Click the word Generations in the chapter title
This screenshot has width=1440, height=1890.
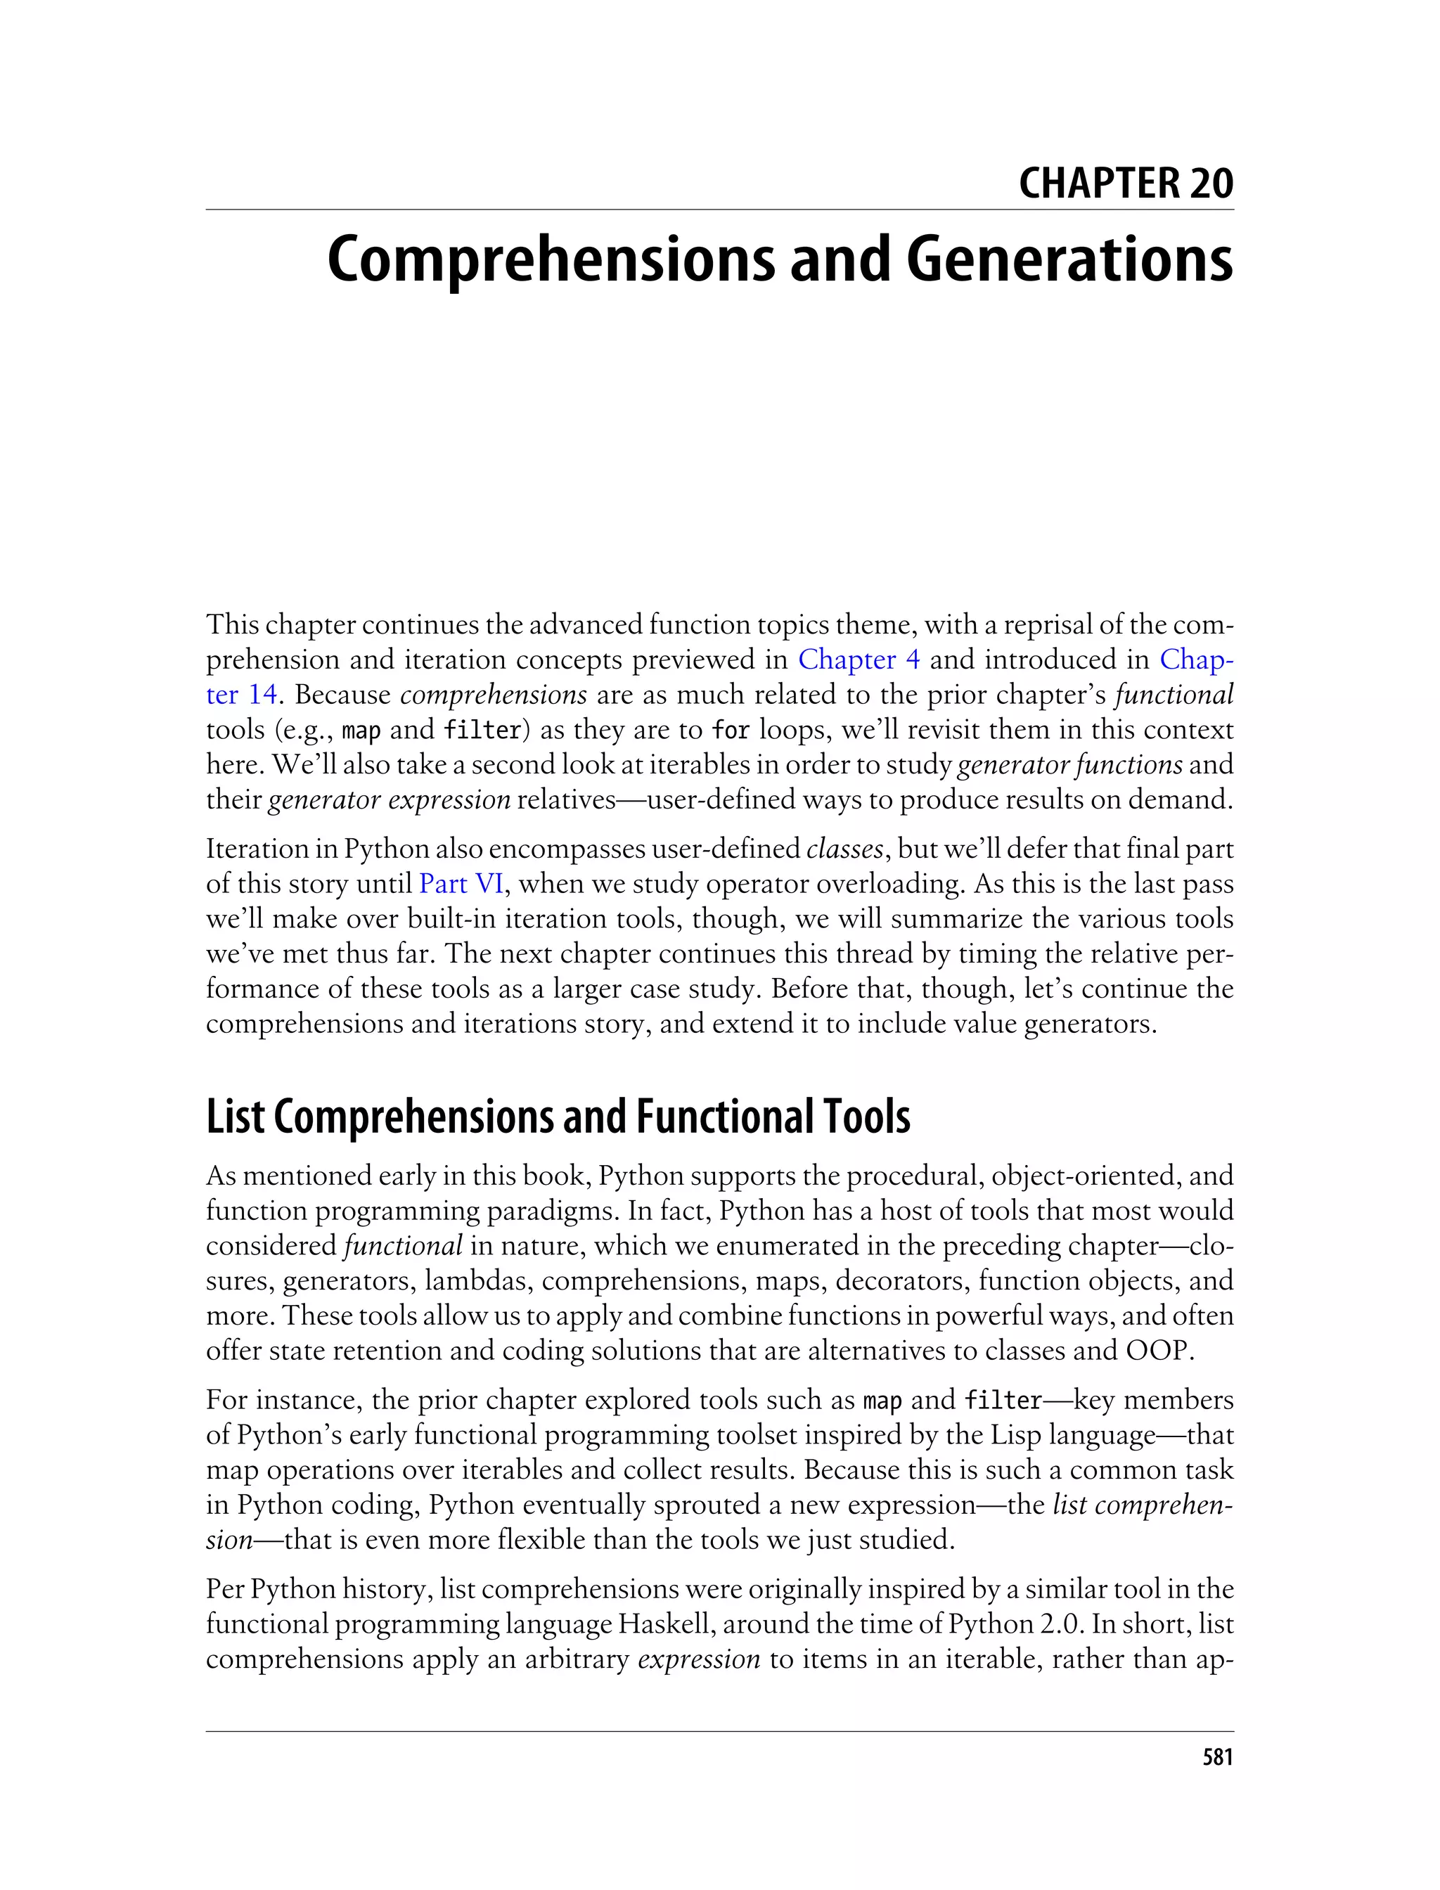point(1069,261)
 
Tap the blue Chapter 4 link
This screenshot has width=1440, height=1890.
point(859,660)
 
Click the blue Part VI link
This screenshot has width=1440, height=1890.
point(461,884)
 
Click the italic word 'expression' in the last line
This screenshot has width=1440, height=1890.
point(700,1659)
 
